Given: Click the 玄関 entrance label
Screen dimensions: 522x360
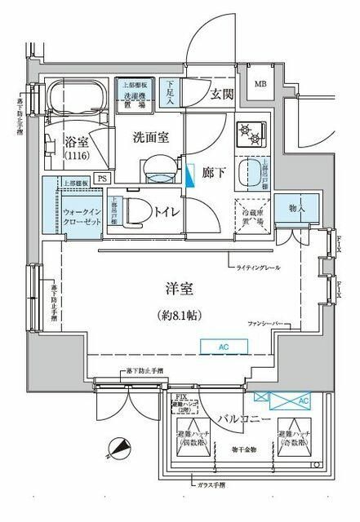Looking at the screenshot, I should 222,94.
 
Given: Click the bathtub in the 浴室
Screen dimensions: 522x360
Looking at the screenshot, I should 75,102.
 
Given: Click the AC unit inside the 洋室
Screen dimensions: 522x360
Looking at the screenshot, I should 224,346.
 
